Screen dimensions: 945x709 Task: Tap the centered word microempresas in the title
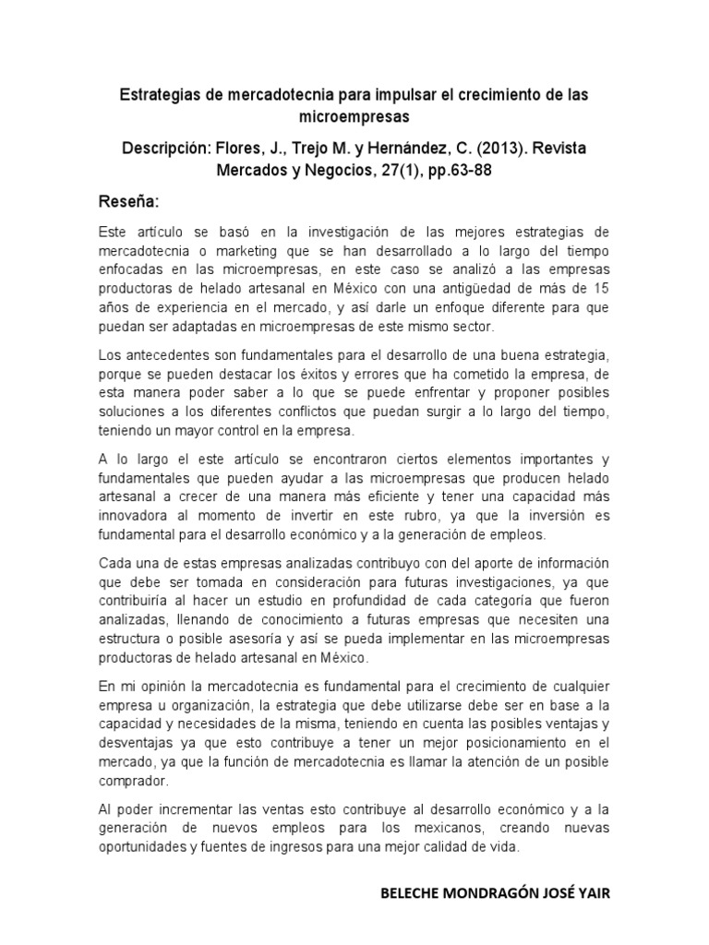(x=354, y=117)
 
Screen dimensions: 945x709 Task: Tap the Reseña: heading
(x=128, y=200)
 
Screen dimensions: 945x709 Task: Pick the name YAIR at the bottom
(x=591, y=894)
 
